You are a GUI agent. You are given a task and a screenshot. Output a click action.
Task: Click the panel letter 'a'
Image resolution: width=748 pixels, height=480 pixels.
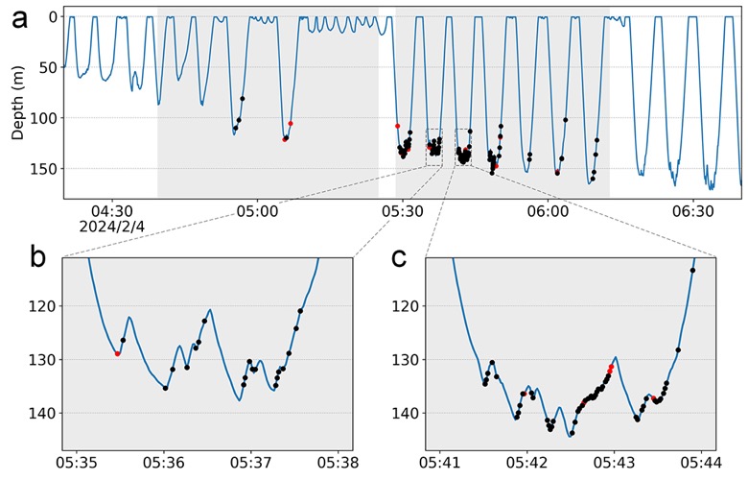[x=19, y=20]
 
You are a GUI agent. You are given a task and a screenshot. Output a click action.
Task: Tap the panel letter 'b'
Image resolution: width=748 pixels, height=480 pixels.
[x=37, y=257]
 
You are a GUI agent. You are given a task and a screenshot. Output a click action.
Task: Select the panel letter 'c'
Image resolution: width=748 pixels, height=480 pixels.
[x=398, y=259]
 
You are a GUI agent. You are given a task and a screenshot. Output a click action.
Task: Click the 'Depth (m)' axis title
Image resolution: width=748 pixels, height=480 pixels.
[x=17, y=108]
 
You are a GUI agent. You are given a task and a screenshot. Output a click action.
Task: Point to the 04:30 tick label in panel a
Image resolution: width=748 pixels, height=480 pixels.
[x=112, y=210]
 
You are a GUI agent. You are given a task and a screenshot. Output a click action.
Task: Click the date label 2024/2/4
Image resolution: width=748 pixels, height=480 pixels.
[x=111, y=226]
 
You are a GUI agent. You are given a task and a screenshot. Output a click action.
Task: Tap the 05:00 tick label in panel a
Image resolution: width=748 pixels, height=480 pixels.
[x=258, y=210]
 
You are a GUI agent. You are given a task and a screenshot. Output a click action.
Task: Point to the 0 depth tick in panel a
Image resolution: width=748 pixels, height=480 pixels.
[x=54, y=16]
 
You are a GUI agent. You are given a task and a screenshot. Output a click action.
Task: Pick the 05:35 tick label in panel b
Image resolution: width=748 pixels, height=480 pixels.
[x=77, y=463]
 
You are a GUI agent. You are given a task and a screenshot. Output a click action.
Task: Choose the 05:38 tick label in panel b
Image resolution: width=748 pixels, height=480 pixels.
[x=339, y=463]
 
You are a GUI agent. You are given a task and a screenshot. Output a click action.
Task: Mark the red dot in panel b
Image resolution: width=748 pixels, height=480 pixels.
[x=117, y=354]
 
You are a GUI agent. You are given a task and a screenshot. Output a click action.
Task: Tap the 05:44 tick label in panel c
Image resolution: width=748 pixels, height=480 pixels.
[x=701, y=463]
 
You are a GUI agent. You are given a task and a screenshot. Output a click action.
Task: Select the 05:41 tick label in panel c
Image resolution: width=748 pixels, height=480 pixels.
[x=440, y=463]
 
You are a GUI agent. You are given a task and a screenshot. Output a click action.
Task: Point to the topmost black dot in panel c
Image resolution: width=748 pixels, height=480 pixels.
[x=692, y=271]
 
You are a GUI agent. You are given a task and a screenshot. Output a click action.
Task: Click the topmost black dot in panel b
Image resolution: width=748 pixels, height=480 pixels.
[x=300, y=311]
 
